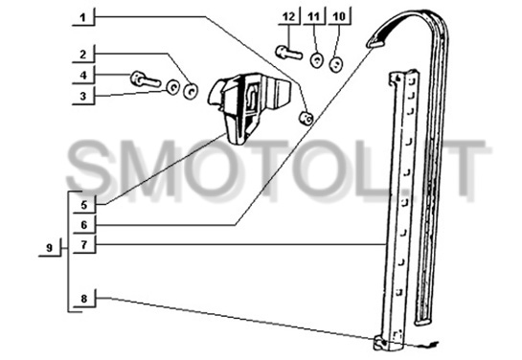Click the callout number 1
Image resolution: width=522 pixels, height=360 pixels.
pyautogui.click(x=83, y=17)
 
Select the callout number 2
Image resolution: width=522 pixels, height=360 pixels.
pyautogui.click(x=83, y=55)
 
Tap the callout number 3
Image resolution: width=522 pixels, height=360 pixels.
pyautogui.click(x=83, y=97)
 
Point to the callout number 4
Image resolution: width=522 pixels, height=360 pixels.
pyautogui.click(x=83, y=76)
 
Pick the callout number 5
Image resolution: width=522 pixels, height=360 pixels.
pyautogui.click(x=84, y=205)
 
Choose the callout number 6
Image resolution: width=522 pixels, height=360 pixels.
pyautogui.click(x=84, y=225)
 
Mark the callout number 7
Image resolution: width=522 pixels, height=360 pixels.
pyautogui.click(x=84, y=245)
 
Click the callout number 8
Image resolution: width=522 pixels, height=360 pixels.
pyautogui.click(x=84, y=299)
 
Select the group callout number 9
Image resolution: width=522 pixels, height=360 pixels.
pyautogui.click(x=50, y=248)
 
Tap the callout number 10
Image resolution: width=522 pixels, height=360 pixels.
pyautogui.click(x=339, y=16)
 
